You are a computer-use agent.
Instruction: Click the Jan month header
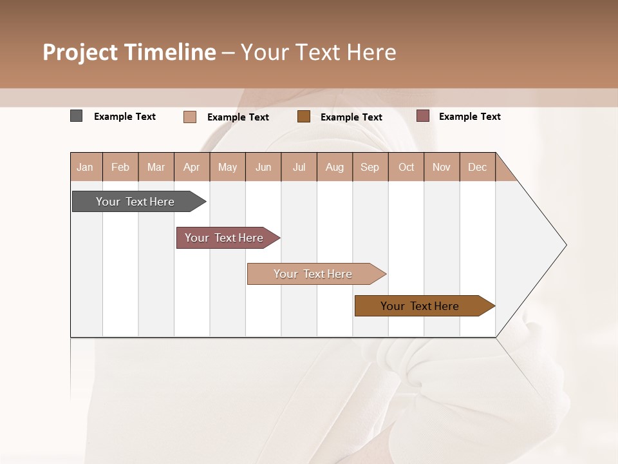click(x=86, y=167)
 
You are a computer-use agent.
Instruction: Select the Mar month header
click(x=156, y=167)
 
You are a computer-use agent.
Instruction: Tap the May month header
click(x=227, y=167)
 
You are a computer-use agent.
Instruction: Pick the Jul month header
click(x=299, y=167)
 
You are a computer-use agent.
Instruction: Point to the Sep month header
click(x=370, y=167)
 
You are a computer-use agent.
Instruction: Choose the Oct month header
click(x=406, y=167)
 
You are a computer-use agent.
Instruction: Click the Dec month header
click(x=477, y=167)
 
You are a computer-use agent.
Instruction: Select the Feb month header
click(x=120, y=167)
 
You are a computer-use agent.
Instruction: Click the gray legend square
click(x=76, y=116)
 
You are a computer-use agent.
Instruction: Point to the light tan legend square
click(x=190, y=117)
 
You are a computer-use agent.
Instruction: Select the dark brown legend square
click(x=304, y=116)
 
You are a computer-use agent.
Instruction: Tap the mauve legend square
click(x=422, y=116)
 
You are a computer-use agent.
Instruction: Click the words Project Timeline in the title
click(x=129, y=52)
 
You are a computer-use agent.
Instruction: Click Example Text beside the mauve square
click(x=469, y=117)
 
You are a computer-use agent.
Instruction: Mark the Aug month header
click(x=334, y=167)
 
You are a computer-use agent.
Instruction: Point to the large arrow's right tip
click(x=565, y=245)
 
